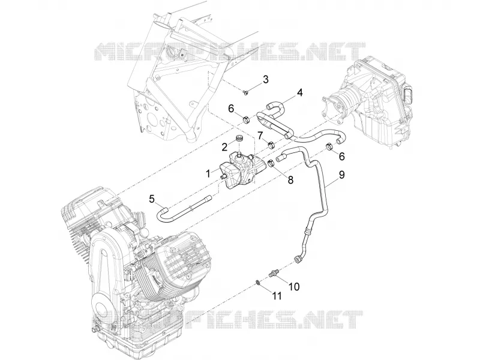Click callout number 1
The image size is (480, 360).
208,174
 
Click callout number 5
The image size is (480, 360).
152,199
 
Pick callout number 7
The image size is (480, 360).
260,134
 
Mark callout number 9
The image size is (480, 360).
342,175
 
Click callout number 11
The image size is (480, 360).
277,296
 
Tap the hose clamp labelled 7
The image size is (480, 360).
271,144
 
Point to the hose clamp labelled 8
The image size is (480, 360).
271,164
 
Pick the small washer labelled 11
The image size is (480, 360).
258,282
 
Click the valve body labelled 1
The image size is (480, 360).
241,169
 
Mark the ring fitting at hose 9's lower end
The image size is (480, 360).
296,260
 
